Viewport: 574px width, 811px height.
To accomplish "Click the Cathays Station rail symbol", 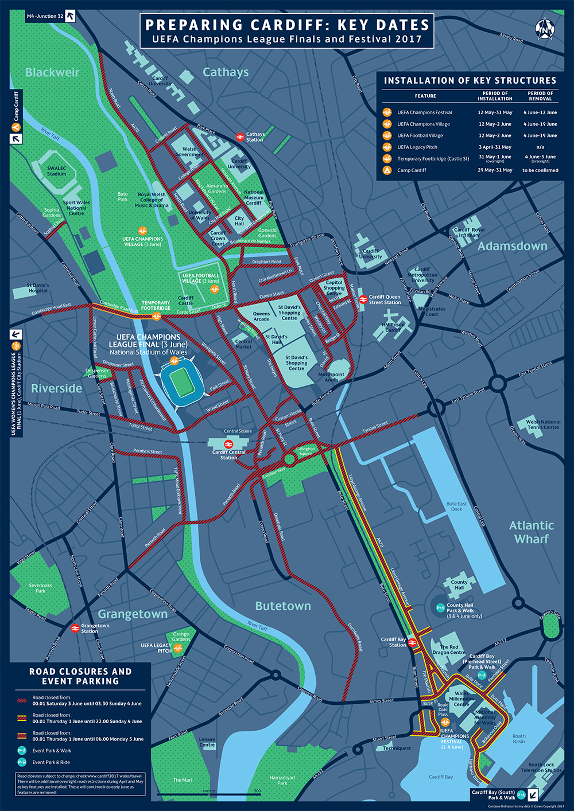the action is [240, 137].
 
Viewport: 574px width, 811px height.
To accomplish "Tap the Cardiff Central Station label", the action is [228, 455].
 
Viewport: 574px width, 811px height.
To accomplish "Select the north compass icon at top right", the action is [544, 28].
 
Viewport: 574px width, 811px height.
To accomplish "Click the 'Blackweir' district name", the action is [52, 73].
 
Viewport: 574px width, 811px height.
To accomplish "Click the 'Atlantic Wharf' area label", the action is [532, 532].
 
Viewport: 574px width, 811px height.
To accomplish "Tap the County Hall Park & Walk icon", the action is [440, 607].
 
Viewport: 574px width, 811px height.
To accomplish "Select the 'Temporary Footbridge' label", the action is [156, 305].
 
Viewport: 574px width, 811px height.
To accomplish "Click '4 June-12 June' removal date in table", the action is [540, 112].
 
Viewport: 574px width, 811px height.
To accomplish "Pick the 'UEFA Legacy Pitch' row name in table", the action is [417, 147].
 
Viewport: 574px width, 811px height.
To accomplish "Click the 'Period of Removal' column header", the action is [540, 96].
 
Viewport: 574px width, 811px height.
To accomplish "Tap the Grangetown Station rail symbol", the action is [75, 628].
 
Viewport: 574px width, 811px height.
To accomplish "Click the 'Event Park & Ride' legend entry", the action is [52, 762].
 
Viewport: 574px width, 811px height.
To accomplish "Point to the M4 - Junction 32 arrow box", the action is [70, 16].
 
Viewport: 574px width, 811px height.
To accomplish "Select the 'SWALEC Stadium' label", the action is [56, 171].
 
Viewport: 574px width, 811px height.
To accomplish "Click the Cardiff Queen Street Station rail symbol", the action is [363, 299].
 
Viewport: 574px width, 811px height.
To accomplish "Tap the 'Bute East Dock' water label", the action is [456, 506].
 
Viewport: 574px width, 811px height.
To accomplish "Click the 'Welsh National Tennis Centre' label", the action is [542, 424].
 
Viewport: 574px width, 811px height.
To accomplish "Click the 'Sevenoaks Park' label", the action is [40, 588].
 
